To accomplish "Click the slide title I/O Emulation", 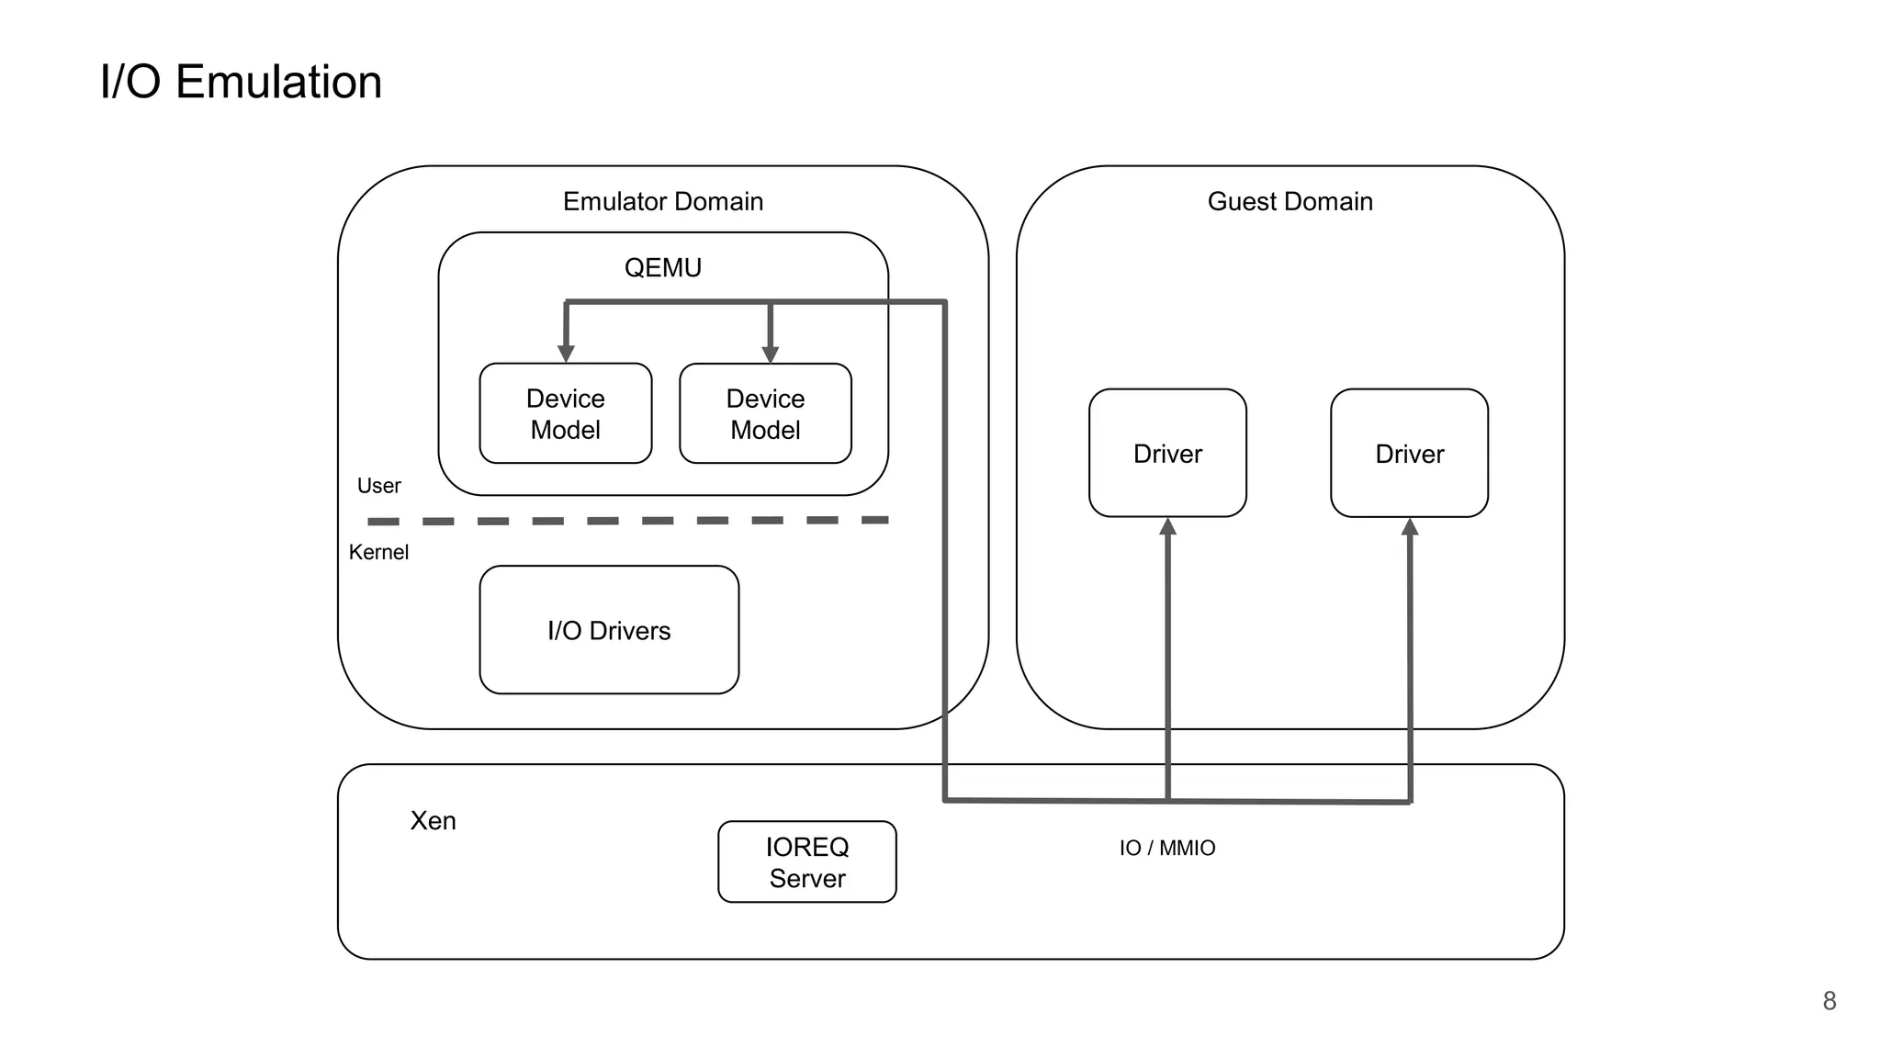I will click(x=241, y=82).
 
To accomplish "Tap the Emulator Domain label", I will click(x=662, y=201).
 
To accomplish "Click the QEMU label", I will click(x=662, y=267).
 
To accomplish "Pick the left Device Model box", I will click(x=565, y=414).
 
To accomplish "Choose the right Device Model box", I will click(x=765, y=414).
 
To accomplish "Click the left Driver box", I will click(x=1166, y=454).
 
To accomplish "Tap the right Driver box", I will click(x=1408, y=454).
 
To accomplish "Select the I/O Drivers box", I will click(x=609, y=630).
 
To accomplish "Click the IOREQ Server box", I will click(x=806, y=861).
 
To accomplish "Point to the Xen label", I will click(x=433, y=820).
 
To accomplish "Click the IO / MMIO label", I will click(x=1166, y=848).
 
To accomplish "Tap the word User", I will click(x=378, y=486).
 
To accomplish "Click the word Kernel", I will click(x=378, y=552).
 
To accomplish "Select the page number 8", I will click(x=1829, y=1001).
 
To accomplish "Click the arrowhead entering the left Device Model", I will click(x=566, y=354).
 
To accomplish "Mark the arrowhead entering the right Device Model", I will click(x=770, y=354).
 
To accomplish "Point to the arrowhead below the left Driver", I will click(x=1167, y=527).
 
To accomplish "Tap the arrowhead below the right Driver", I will click(x=1410, y=527).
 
